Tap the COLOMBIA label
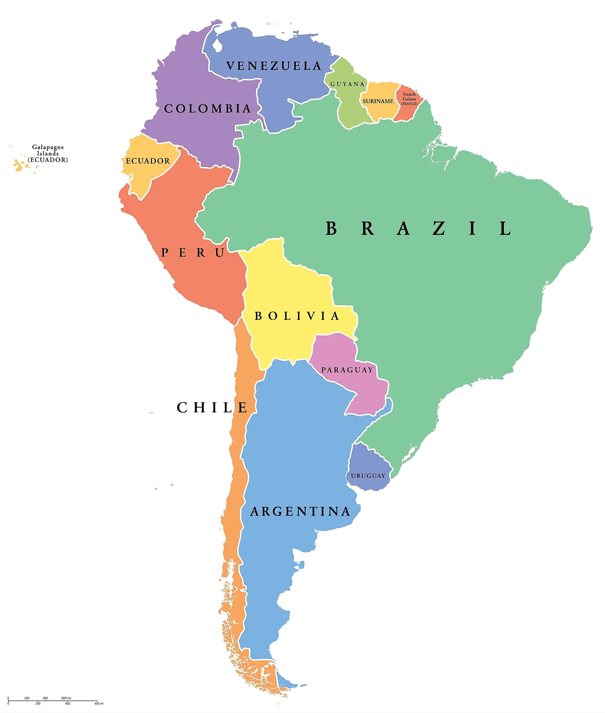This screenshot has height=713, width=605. pos(207,109)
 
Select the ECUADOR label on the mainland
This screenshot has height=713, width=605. pos(147,161)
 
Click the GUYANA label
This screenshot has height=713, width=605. pos(347,84)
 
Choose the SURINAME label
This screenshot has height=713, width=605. pos(378,101)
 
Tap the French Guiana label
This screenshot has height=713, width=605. pos(409,99)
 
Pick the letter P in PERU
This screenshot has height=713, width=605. pos(165,253)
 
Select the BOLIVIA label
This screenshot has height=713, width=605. pos(297,316)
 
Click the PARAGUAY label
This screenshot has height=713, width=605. pos(347,370)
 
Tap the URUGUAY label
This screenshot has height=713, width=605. pos(368,476)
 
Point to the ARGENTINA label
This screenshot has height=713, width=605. pos(301,512)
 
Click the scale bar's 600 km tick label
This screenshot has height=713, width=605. pos(66,698)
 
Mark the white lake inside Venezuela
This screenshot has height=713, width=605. pos(217,45)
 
